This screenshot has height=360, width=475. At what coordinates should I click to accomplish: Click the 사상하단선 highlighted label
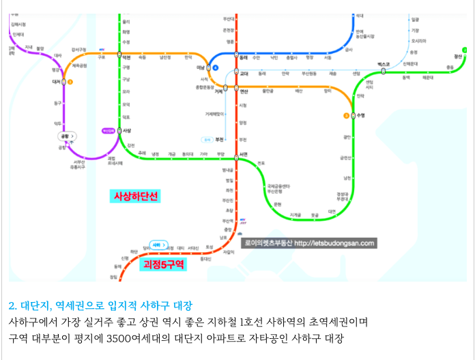[135, 196]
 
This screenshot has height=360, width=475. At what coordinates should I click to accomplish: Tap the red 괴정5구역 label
[163, 264]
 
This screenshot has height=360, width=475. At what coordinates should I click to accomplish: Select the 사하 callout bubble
[158, 244]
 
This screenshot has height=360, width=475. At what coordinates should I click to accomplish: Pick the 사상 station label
[126, 130]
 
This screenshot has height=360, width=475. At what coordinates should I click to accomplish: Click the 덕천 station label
[126, 57]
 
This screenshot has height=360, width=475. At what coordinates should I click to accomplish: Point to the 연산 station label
[244, 90]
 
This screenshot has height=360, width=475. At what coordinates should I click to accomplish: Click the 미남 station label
[201, 67]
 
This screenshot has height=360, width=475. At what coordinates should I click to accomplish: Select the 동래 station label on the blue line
[244, 57]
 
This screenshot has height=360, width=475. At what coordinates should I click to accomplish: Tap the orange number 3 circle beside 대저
[70, 82]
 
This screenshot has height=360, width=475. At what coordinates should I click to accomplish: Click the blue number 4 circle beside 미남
[215, 67]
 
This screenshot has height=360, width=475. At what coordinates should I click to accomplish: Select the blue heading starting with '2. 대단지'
[100, 305]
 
